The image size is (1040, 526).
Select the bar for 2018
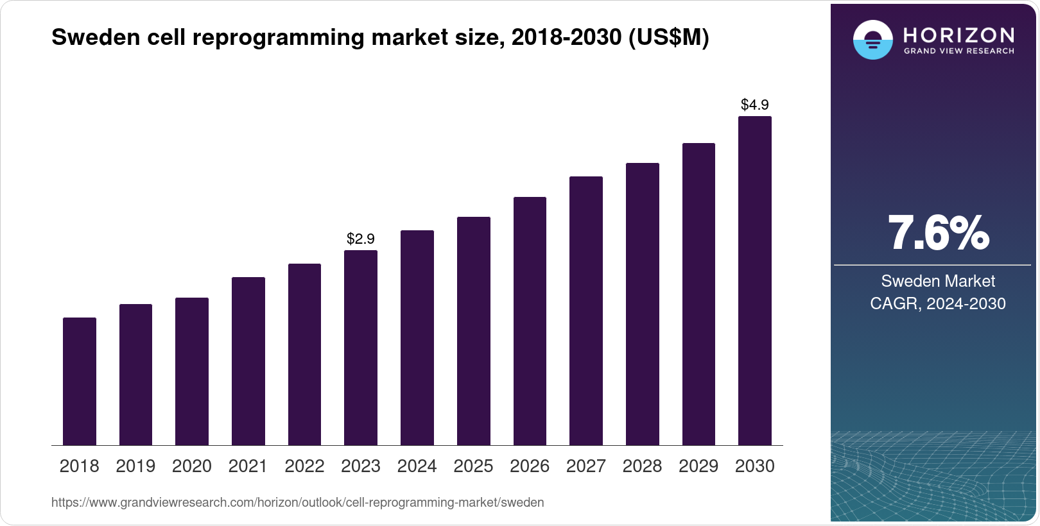tap(80, 381)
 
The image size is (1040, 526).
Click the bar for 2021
tap(248, 361)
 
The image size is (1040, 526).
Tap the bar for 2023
tap(361, 348)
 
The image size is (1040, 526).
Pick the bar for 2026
tap(530, 321)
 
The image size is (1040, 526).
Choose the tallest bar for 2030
tap(755, 281)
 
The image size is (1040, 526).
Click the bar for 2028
tap(643, 304)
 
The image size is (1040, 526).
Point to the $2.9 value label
tap(361, 239)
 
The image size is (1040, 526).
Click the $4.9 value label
tap(755, 105)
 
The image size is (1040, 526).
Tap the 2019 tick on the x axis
tap(135, 466)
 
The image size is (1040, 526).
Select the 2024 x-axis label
tap(417, 466)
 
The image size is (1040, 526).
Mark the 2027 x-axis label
tap(586, 466)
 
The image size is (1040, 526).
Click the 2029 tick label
tap(698, 466)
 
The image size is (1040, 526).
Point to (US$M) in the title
tap(668, 37)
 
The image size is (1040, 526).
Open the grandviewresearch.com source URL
tap(297, 502)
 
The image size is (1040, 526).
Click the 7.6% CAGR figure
tap(939, 233)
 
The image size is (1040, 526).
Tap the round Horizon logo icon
tap(872, 40)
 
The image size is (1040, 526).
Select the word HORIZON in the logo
tap(958, 35)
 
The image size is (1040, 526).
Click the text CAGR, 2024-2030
tap(938, 303)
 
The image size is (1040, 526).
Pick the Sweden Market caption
tap(938, 281)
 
